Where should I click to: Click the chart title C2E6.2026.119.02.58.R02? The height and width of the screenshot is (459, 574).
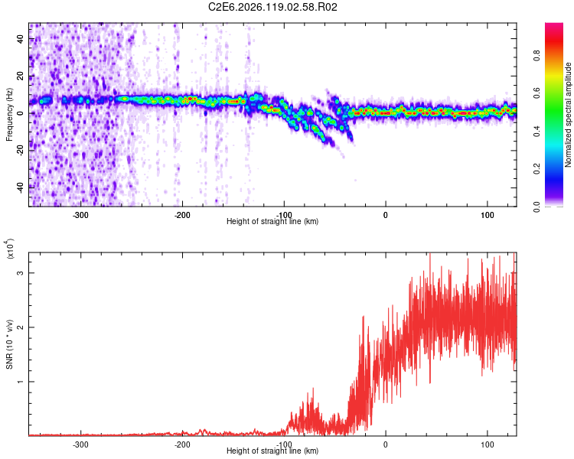pos(272,7)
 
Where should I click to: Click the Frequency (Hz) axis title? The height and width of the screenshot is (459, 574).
pos(9,115)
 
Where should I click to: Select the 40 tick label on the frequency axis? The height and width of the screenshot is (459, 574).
pos(21,38)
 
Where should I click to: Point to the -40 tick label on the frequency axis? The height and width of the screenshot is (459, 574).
pos(21,188)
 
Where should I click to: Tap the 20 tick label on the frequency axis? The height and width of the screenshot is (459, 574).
pos(21,76)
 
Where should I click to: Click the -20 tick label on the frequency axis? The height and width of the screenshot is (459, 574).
pos(21,151)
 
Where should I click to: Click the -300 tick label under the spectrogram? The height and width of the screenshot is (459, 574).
pos(80,215)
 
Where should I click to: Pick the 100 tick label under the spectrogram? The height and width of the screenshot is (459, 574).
pos(488,215)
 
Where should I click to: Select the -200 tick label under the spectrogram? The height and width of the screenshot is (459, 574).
pos(182,215)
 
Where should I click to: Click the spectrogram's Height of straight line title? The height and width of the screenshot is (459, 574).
pos(272,221)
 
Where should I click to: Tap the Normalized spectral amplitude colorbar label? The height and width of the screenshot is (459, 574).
pos(568,115)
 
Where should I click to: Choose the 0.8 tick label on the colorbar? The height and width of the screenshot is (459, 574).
pos(536,56)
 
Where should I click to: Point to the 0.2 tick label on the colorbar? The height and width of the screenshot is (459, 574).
pos(536,169)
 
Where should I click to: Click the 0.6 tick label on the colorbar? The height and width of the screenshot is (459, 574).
pos(536,93)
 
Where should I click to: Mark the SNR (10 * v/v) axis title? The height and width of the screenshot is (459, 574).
pos(9,344)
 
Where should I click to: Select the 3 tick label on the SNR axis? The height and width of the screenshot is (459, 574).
pos(21,273)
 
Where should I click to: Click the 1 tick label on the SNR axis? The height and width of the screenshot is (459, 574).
pos(21,382)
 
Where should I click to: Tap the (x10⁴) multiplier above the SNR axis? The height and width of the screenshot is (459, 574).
pos(9,249)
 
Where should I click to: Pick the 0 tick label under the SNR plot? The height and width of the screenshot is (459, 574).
pos(386,444)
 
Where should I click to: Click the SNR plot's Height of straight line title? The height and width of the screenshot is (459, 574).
pos(272,451)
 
